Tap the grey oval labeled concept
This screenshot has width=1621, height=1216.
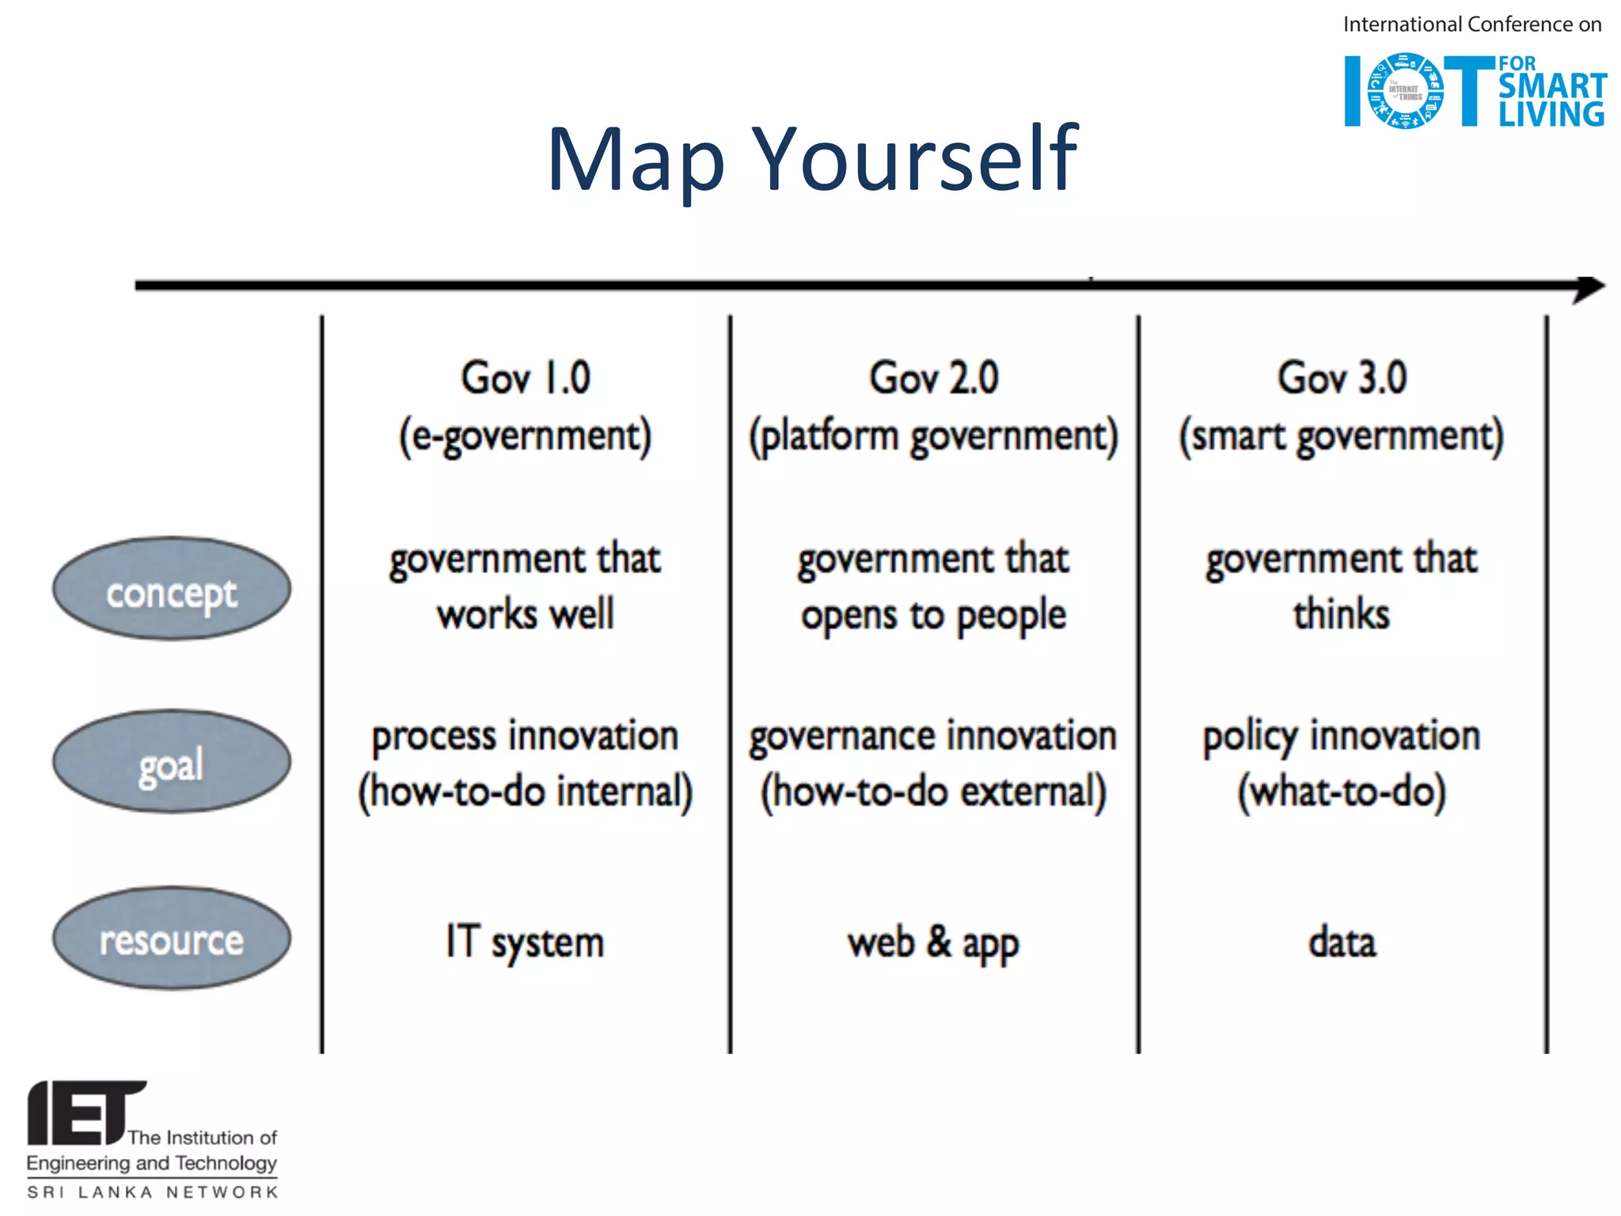pos(172,590)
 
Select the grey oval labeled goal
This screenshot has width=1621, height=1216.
pos(172,762)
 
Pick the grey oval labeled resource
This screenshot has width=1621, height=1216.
pos(172,938)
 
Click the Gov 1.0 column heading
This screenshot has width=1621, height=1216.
pos(526,378)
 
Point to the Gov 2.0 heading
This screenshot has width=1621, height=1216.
pos(934,378)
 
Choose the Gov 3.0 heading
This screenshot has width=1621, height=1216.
pos(1342,378)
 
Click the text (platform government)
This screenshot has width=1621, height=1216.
pos(934,436)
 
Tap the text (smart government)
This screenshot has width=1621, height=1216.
pos(1342,436)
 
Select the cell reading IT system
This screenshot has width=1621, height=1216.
pos(525,942)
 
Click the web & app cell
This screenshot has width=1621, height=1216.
pos(933,942)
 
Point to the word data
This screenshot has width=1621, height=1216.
pos(1342,942)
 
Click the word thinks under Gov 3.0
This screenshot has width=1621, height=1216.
pos(1342,614)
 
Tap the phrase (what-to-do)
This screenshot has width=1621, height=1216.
pos(1342,792)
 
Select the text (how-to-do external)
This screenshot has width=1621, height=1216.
pos(933,792)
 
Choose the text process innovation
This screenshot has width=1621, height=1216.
pos(525,735)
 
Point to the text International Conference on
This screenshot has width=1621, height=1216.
pos(1472,25)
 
